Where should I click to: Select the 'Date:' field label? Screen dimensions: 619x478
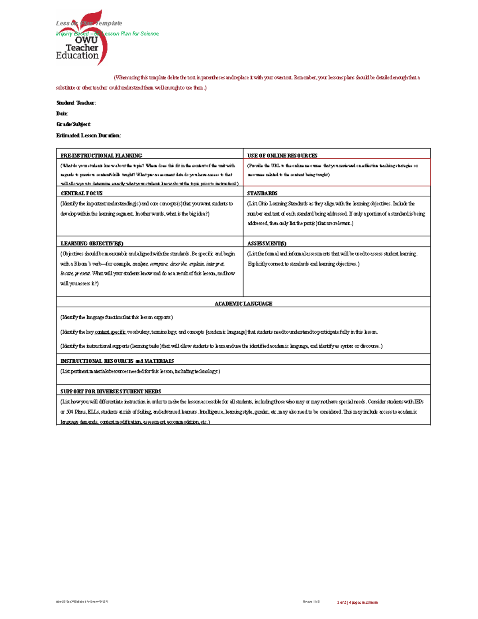click(x=62, y=114)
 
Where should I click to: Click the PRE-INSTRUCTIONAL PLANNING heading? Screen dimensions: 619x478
click(x=101, y=155)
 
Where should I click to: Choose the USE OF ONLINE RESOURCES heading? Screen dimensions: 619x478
click(x=282, y=155)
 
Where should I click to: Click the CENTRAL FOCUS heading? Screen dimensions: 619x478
click(x=82, y=193)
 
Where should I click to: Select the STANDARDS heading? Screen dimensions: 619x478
click(x=262, y=193)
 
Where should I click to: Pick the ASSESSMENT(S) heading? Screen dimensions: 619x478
click(x=266, y=244)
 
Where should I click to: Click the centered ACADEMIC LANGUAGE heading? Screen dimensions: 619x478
click(x=243, y=304)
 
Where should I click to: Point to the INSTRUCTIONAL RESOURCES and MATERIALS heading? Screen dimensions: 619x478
click(x=117, y=361)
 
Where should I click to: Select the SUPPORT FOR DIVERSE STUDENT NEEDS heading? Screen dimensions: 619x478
click(x=111, y=391)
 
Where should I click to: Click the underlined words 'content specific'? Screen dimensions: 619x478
click(x=110, y=332)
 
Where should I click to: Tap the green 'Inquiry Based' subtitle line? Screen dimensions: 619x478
click(x=108, y=34)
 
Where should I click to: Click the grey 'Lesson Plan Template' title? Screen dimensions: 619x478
click(x=89, y=23)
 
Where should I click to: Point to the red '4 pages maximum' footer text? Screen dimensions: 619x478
click(x=363, y=602)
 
